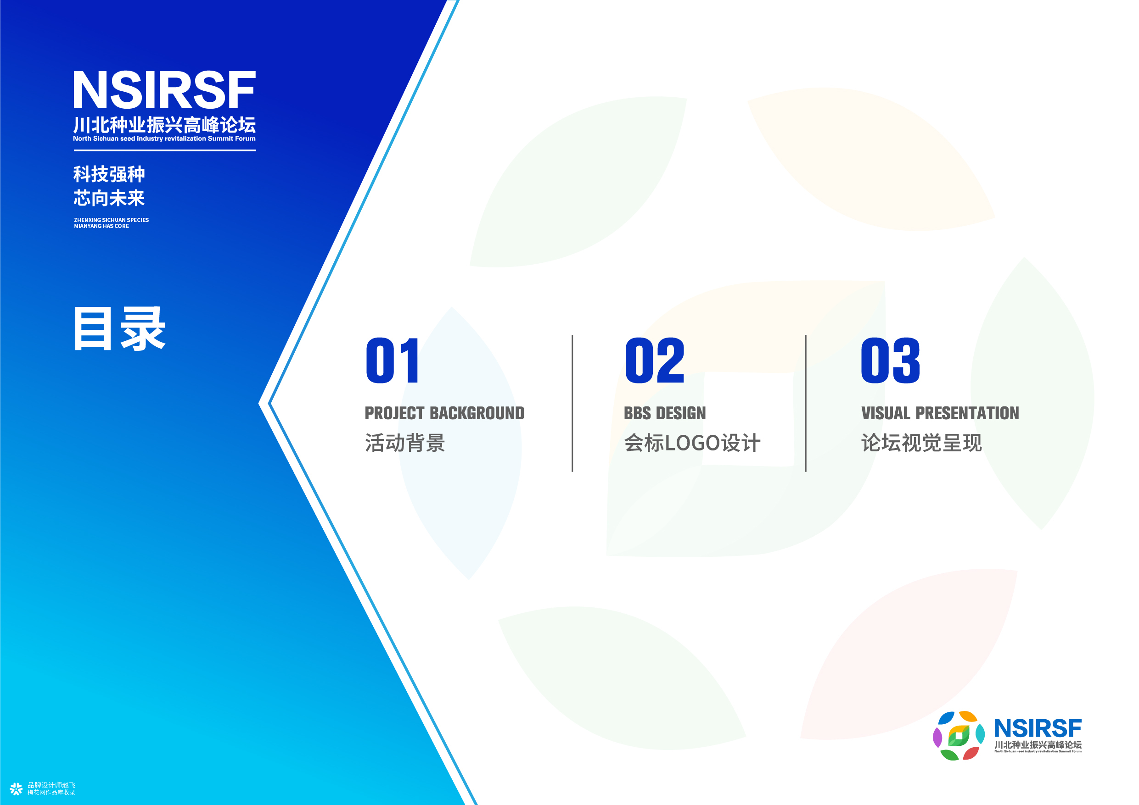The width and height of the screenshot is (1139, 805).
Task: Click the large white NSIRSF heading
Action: (x=164, y=90)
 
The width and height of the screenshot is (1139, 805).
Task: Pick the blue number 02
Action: (x=655, y=361)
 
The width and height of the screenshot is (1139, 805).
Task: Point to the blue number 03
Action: (x=891, y=361)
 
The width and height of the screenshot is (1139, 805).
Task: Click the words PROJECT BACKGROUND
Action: (x=444, y=413)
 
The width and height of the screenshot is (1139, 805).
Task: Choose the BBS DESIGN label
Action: (x=665, y=413)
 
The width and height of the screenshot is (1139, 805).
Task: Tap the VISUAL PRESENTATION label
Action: (x=940, y=413)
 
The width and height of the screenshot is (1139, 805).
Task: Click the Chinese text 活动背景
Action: (x=405, y=443)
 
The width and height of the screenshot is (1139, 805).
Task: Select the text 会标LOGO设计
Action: (x=692, y=443)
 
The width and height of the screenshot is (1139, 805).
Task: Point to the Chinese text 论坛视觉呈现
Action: (x=921, y=443)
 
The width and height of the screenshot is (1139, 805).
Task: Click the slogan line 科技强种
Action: (x=109, y=174)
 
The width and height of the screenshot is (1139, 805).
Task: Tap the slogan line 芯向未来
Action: (x=109, y=198)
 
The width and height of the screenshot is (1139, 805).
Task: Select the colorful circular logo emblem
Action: (x=959, y=736)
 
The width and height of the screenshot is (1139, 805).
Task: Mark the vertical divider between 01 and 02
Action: (x=572, y=403)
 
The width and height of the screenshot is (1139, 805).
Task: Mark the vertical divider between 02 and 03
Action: (x=806, y=403)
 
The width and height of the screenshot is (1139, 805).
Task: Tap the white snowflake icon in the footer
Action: (x=16, y=788)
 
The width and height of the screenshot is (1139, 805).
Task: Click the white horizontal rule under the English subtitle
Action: (x=165, y=150)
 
